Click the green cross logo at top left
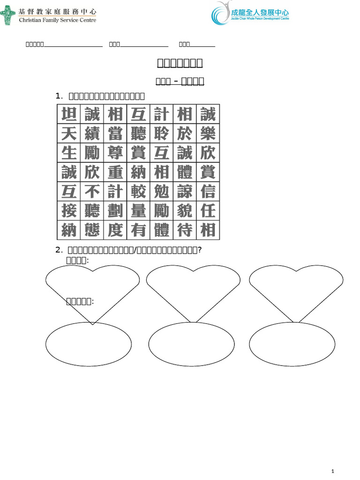(7, 15)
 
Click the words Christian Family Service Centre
(57, 21)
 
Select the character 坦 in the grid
(69, 114)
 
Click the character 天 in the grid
(69, 134)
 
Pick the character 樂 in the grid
(208, 134)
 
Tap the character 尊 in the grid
(115, 153)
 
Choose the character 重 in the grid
(115, 172)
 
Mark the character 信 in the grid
(208, 191)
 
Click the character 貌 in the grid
(185, 210)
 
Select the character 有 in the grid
(138, 230)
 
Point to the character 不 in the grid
(92, 191)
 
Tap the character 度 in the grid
(115, 230)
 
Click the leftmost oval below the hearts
(89, 344)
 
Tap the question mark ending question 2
(200, 250)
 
